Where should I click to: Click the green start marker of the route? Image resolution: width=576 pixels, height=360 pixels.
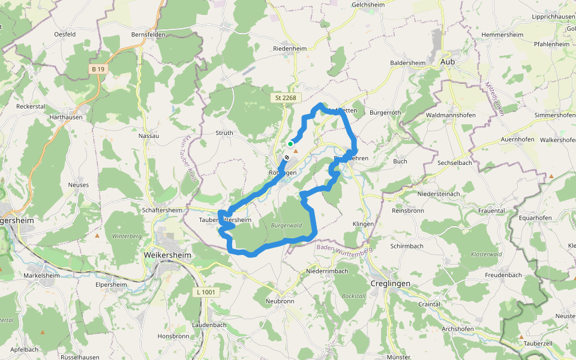click(x=290, y=144)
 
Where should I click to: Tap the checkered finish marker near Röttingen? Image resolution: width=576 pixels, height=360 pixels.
click(x=287, y=158)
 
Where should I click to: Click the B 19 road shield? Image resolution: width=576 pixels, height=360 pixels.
click(x=98, y=69)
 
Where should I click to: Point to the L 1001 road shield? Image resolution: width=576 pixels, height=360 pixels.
click(x=206, y=292)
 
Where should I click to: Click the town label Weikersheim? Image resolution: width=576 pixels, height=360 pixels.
click(x=167, y=255)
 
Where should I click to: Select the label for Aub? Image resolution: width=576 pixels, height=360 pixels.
click(x=448, y=61)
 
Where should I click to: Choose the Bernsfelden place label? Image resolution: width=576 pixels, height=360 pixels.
click(x=148, y=35)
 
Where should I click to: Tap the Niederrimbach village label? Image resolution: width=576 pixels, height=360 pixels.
click(x=327, y=271)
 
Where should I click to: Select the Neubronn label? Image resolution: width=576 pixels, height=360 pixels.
click(x=280, y=300)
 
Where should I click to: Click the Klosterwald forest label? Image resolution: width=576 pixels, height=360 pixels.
click(x=487, y=254)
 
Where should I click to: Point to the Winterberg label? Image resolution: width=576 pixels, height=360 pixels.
click(x=126, y=236)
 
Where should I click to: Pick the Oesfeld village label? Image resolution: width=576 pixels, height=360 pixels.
click(x=64, y=34)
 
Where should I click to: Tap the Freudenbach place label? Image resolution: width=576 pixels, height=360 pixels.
click(x=502, y=275)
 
